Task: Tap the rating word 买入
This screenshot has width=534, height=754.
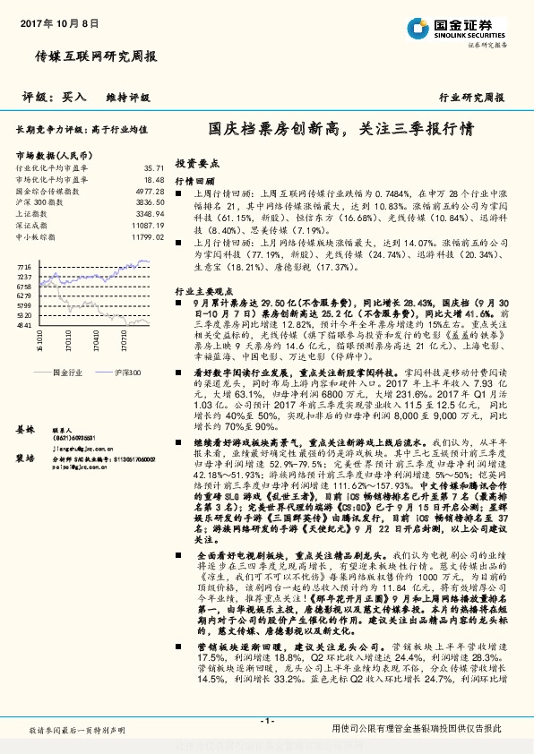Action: click(74, 97)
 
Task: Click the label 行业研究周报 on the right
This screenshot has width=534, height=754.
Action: click(471, 97)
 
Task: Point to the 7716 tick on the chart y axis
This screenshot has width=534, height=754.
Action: click(23, 268)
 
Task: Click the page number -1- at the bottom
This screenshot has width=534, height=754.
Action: click(266, 721)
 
